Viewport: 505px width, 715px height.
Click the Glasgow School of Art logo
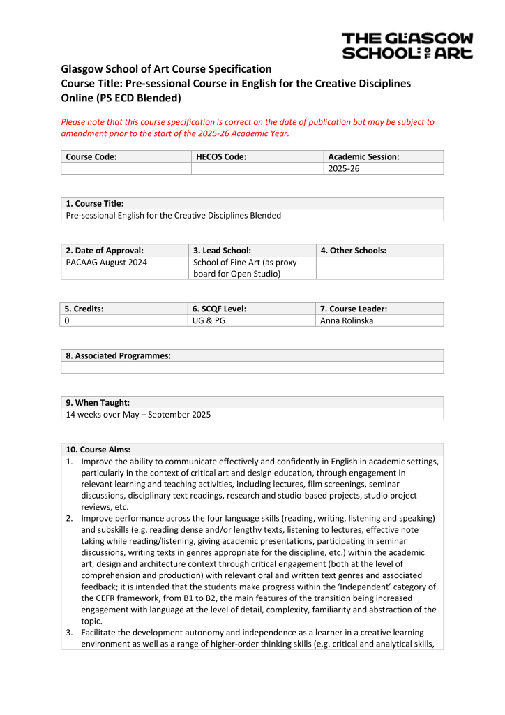coord(407,45)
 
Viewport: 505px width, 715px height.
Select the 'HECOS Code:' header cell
coord(221,157)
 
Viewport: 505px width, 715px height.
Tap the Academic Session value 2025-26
coord(343,169)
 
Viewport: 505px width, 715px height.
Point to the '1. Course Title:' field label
coord(94,203)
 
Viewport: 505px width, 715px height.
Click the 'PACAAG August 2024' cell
coord(106,263)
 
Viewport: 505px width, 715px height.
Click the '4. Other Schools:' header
coord(353,250)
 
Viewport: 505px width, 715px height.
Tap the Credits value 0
coord(68,320)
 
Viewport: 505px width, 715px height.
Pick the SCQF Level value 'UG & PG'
coord(209,320)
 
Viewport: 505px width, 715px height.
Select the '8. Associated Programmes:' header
coord(118,355)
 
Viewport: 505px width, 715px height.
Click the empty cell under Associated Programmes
coord(252,367)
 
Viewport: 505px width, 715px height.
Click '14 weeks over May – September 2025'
coord(138,414)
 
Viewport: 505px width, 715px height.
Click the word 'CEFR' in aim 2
coord(93,598)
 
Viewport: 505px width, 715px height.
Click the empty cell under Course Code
coord(126,169)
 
